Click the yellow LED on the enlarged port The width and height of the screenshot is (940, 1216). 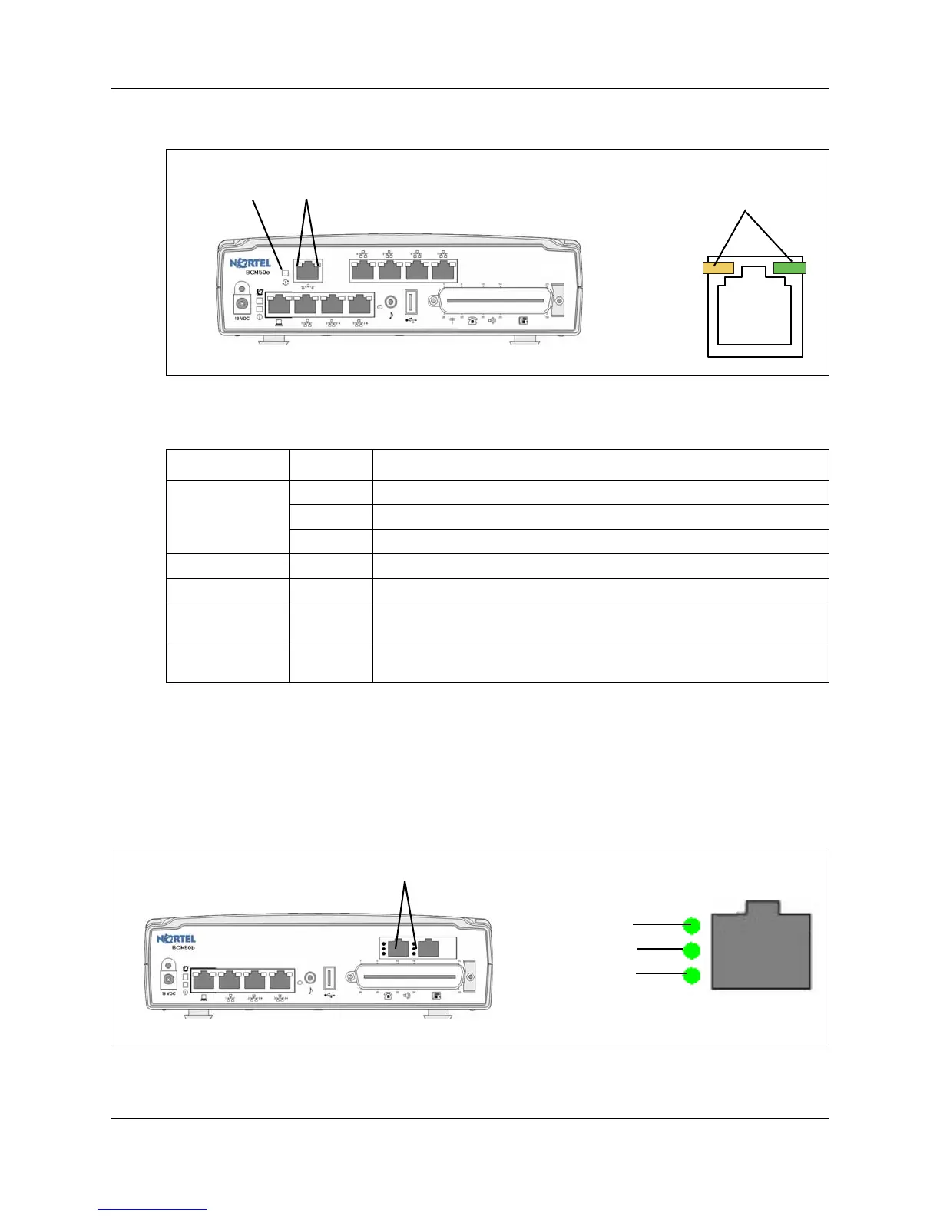(x=718, y=268)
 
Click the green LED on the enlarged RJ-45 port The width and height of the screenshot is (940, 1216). (x=789, y=267)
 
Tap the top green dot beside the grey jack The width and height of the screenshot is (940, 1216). (x=692, y=925)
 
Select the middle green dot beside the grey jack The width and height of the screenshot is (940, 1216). (x=692, y=951)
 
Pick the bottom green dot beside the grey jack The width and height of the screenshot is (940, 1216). (x=692, y=976)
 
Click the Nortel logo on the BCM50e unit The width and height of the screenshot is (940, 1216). (x=250, y=263)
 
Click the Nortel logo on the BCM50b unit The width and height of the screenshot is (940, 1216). (x=177, y=939)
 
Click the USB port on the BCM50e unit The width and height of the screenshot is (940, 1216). (x=411, y=301)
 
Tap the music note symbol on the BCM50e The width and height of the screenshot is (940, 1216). (x=391, y=315)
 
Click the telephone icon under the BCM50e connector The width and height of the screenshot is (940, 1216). (x=472, y=320)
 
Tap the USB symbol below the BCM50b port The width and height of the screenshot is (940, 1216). (x=331, y=996)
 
